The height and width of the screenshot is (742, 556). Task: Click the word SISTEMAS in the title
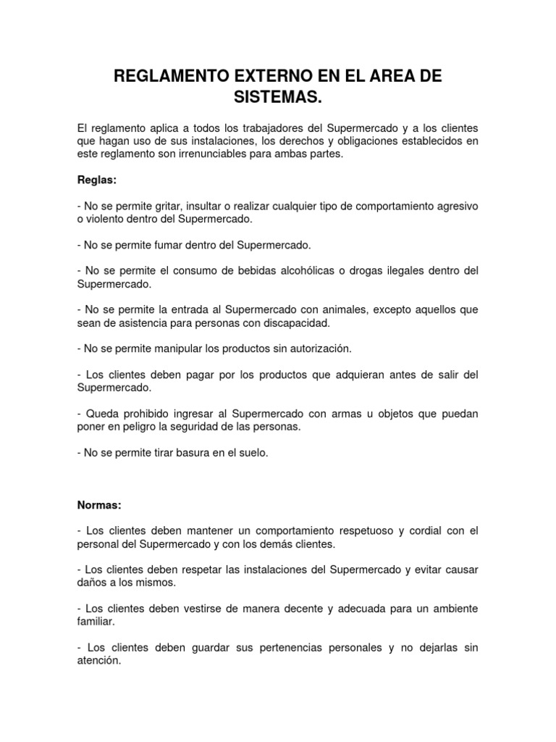click(277, 96)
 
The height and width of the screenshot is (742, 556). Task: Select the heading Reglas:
click(96, 180)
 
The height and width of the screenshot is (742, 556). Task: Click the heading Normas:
click(99, 504)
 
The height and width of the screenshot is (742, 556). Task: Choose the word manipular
click(173, 349)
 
